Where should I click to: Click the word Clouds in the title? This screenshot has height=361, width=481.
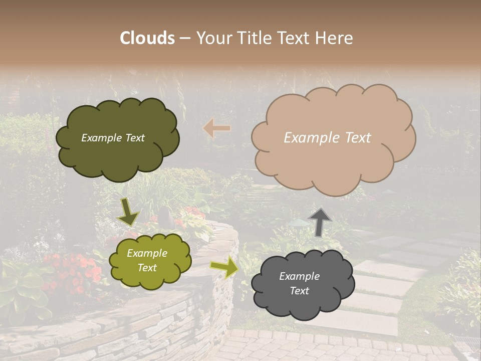click(x=147, y=38)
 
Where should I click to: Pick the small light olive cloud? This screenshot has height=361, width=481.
click(x=150, y=260)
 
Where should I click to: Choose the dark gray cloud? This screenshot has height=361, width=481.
click(x=302, y=284)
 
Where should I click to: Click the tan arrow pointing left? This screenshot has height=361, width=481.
click(x=216, y=128)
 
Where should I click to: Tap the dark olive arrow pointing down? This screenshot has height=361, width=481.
click(x=128, y=212)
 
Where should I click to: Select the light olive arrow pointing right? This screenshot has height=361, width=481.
click(x=224, y=267)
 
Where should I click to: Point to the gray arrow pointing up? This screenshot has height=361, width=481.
click(x=320, y=222)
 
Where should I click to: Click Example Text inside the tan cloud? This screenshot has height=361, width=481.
click(x=327, y=138)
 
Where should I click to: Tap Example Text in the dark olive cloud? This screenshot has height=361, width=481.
click(x=113, y=138)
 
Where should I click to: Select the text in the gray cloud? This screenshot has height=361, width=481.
click(x=299, y=283)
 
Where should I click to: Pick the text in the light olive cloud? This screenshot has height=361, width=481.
click(x=147, y=260)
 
